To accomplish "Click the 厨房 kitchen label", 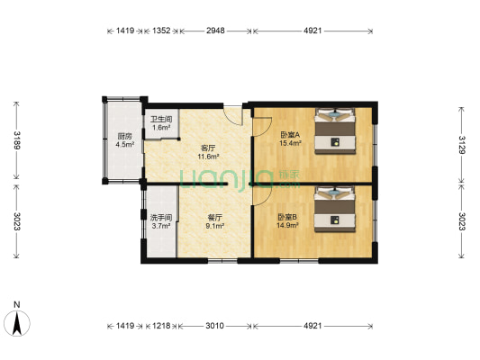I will (x=124, y=136).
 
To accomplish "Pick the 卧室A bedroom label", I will (x=288, y=135).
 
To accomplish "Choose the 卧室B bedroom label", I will (x=287, y=217).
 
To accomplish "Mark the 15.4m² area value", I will (x=288, y=144).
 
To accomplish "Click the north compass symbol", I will (x=16, y=319).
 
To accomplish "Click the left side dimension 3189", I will (x=16, y=140).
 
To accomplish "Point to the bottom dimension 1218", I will (x=161, y=325).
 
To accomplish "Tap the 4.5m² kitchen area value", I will (x=124, y=144).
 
